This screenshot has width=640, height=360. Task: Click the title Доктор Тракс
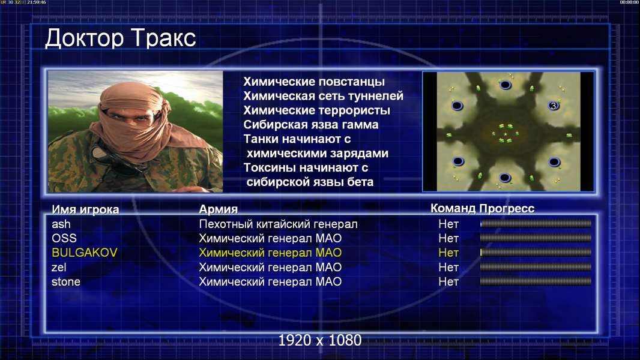pyautogui.click(x=121, y=38)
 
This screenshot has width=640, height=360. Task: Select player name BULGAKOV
pyautogui.click(x=85, y=253)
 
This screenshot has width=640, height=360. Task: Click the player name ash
pyautogui.click(x=61, y=224)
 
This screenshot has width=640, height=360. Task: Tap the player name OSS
pyautogui.click(x=64, y=238)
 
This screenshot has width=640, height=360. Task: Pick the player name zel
pyautogui.click(x=59, y=268)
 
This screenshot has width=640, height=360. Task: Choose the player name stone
pyautogui.click(x=65, y=282)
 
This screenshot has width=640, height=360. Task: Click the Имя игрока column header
pyautogui.click(x=85, y=209)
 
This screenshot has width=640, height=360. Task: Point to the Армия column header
pyautogui.click(x=219, y=209)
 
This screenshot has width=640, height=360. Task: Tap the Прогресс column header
pyautogui.click(x=507, y=208)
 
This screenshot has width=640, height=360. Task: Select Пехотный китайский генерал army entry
pyautogui.click(x=279, y=224)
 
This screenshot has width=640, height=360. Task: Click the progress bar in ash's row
pyautogui.click(x=536, y=223)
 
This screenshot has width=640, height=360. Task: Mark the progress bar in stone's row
pyautogui.click(x=536, y=281)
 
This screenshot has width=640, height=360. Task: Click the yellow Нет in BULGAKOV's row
pyautogui.click(x=448, y=253)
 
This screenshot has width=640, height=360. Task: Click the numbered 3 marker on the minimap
pyautogui.click(x=554, y=106)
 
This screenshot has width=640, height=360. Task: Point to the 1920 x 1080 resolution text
pyautogui.click(x=320, y=340)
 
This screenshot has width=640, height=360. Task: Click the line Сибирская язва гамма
pyautogui.click(x=311, y=125)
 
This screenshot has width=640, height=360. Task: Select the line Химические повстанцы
pyautogui.click(x=314, y=82)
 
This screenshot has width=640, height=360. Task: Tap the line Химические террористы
pyautogui.click(x=317, y=110)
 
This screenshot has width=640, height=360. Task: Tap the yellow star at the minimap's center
pyautogui.click(x=506, y=134)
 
